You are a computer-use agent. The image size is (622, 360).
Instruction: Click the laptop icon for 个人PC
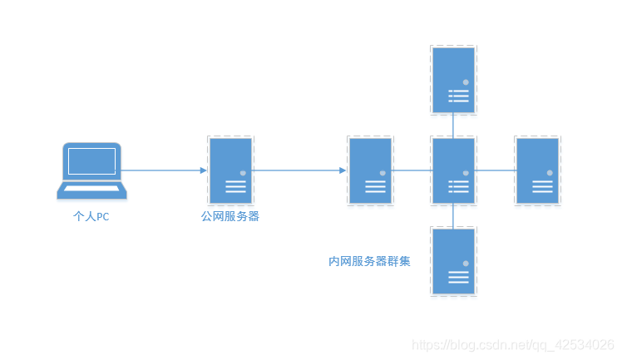[92, 170]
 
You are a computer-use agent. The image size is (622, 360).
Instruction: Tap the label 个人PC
[91, 217]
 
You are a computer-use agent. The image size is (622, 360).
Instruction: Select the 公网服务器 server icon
[230, 171]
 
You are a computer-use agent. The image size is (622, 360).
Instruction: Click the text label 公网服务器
[230, 217]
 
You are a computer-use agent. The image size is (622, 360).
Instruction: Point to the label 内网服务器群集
[369, 261]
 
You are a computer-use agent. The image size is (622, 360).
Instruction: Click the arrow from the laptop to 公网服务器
[165, 170]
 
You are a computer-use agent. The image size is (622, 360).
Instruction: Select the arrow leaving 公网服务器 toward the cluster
[299, 170]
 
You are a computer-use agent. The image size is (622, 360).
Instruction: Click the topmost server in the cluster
[453, 80]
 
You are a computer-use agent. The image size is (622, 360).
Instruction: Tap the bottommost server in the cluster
[453, 259]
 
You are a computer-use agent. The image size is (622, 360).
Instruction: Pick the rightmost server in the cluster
[536, 171]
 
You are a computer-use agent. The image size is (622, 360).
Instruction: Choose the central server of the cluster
[453, 171]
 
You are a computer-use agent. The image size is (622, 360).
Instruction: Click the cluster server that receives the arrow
[370, 171]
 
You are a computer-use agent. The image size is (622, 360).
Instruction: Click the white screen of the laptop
[91, 160]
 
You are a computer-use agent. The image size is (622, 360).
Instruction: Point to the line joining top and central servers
[453, 126]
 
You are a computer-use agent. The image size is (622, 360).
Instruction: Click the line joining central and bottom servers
[453, 215]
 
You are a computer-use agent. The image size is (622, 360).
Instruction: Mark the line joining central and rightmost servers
[495, 171]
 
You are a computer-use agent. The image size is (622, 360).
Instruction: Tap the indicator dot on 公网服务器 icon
[242, 173]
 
